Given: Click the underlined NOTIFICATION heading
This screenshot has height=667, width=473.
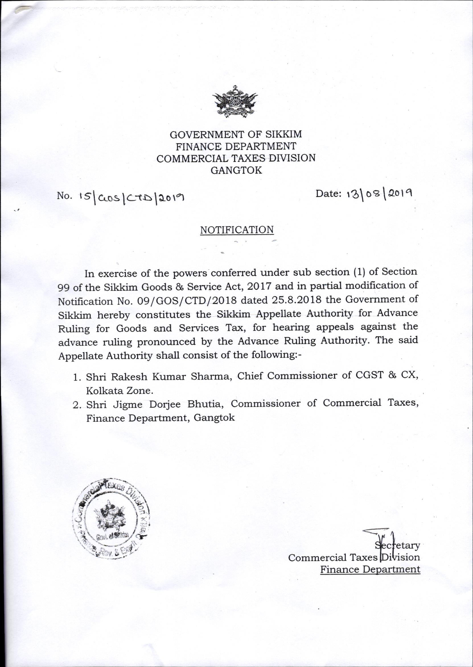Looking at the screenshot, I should [237, 230].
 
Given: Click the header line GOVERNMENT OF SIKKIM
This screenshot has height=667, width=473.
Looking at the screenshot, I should [236, 135].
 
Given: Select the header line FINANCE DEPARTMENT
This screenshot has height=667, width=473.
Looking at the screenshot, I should [236, 146].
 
